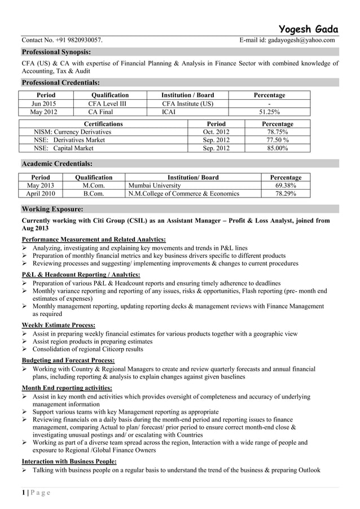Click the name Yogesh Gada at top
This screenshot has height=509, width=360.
point(309,29)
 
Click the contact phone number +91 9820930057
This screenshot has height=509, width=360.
point(80,40)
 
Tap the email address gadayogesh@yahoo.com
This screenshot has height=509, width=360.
point(301,40)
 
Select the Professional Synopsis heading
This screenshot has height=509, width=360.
point(56,52)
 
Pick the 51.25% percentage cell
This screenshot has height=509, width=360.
point(269,112)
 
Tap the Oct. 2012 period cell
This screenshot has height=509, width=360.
point(216,132)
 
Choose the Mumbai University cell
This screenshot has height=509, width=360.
point(155,185)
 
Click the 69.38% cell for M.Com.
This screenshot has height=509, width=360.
point(286,185)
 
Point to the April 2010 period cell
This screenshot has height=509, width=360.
point(41,194)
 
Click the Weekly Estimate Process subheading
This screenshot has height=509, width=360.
point(58,325)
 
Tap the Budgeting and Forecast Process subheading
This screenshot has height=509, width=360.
point(68,360)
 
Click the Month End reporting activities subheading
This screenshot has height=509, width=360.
point(67,388)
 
